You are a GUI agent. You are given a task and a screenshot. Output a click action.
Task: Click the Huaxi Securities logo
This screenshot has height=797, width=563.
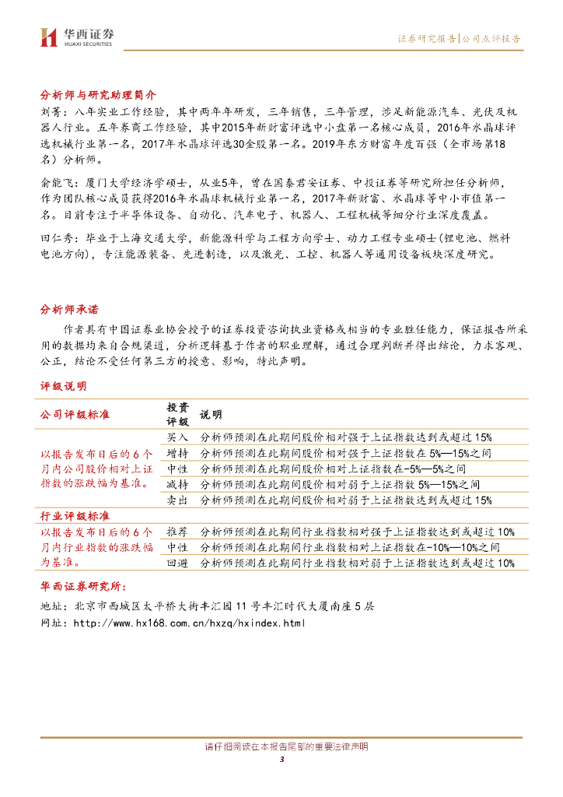point(77,37)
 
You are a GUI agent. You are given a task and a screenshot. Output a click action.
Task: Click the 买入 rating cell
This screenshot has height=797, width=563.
point(177,437)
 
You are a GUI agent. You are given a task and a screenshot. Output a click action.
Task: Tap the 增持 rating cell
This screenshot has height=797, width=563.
point(177,453)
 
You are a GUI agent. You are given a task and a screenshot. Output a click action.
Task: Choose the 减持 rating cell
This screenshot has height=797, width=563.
point(177,484)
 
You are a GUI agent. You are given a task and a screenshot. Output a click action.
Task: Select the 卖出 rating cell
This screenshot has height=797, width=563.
point(177,500)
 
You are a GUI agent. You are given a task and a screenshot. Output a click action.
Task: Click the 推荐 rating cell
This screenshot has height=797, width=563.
point(177,532)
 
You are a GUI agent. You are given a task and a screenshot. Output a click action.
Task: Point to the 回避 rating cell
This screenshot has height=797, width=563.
point(177,563)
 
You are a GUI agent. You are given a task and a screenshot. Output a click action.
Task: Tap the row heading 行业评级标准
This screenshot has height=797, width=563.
point(75,515)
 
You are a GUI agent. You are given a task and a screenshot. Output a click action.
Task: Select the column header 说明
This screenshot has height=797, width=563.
point(211,414)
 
